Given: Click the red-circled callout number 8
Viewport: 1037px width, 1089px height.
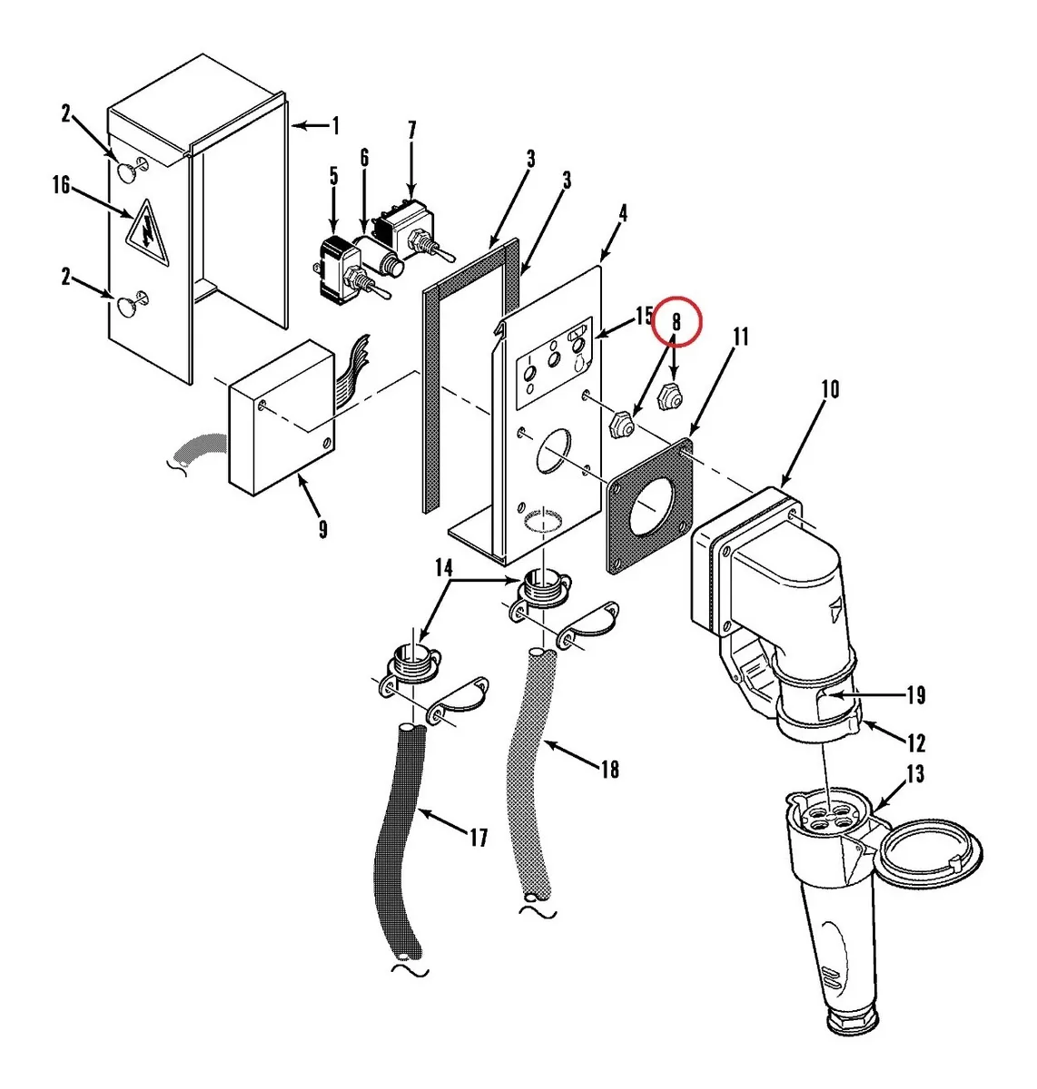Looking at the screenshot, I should (676, 322).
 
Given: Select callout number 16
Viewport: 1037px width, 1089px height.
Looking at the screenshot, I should (61, 185).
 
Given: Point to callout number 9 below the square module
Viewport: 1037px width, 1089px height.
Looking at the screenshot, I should (323, 529).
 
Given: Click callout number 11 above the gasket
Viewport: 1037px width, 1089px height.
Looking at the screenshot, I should (741, 338).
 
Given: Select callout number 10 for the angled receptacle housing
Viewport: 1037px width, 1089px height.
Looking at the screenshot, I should (830, 389).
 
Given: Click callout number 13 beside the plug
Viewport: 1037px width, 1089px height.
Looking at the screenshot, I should (915, 773).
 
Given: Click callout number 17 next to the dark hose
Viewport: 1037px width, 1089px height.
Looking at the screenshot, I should (478, 838).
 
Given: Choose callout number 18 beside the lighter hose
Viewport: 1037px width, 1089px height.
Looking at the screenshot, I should (609, 770).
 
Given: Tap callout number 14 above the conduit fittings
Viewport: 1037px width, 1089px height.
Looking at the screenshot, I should (443, 569).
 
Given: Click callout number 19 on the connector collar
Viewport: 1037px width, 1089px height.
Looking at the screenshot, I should (916, 695).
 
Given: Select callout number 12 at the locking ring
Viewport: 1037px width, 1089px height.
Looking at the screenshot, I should (916, 743).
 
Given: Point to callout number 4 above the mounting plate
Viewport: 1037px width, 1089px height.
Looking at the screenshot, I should (622, 214).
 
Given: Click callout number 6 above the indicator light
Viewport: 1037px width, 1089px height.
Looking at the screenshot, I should (364, 158).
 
